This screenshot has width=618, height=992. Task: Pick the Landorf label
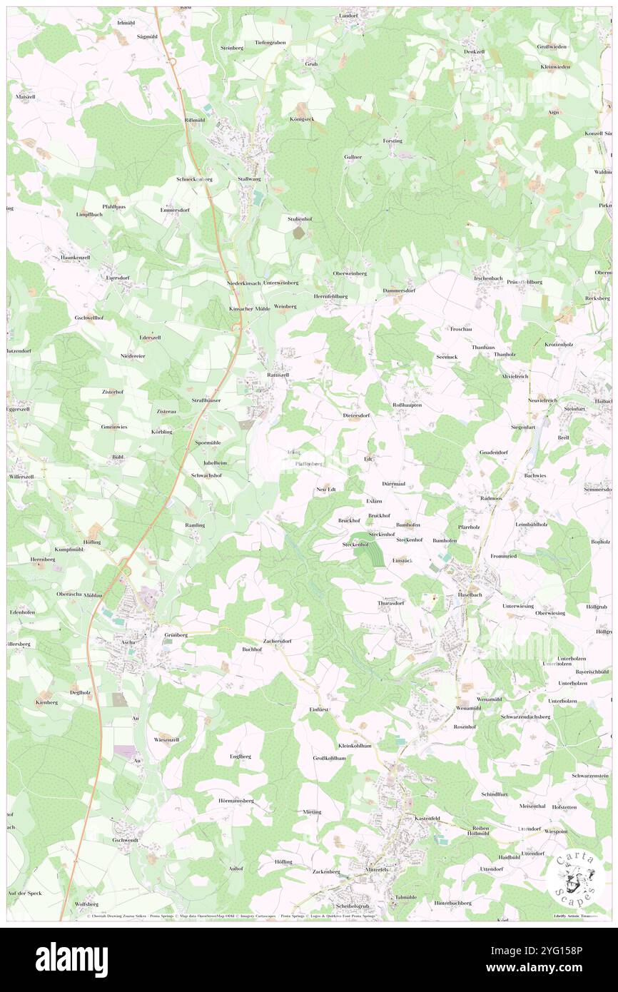(x=348, y=15)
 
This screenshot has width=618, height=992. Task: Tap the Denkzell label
(x=474, y=51)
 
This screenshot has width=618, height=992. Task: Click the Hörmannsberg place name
(x=236, y=801)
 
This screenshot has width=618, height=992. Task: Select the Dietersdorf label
(x=356, y=415)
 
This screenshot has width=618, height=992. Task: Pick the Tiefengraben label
(x=270, y=42)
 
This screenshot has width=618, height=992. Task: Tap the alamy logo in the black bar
(x=71, y=959)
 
